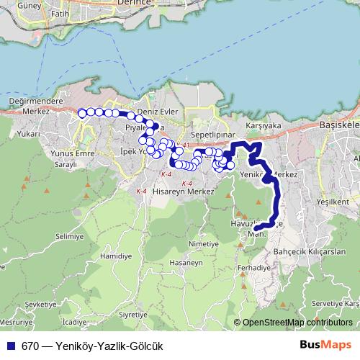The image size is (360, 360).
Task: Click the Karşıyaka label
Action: (263, 124)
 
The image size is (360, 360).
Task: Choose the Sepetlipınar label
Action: (214, 135)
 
